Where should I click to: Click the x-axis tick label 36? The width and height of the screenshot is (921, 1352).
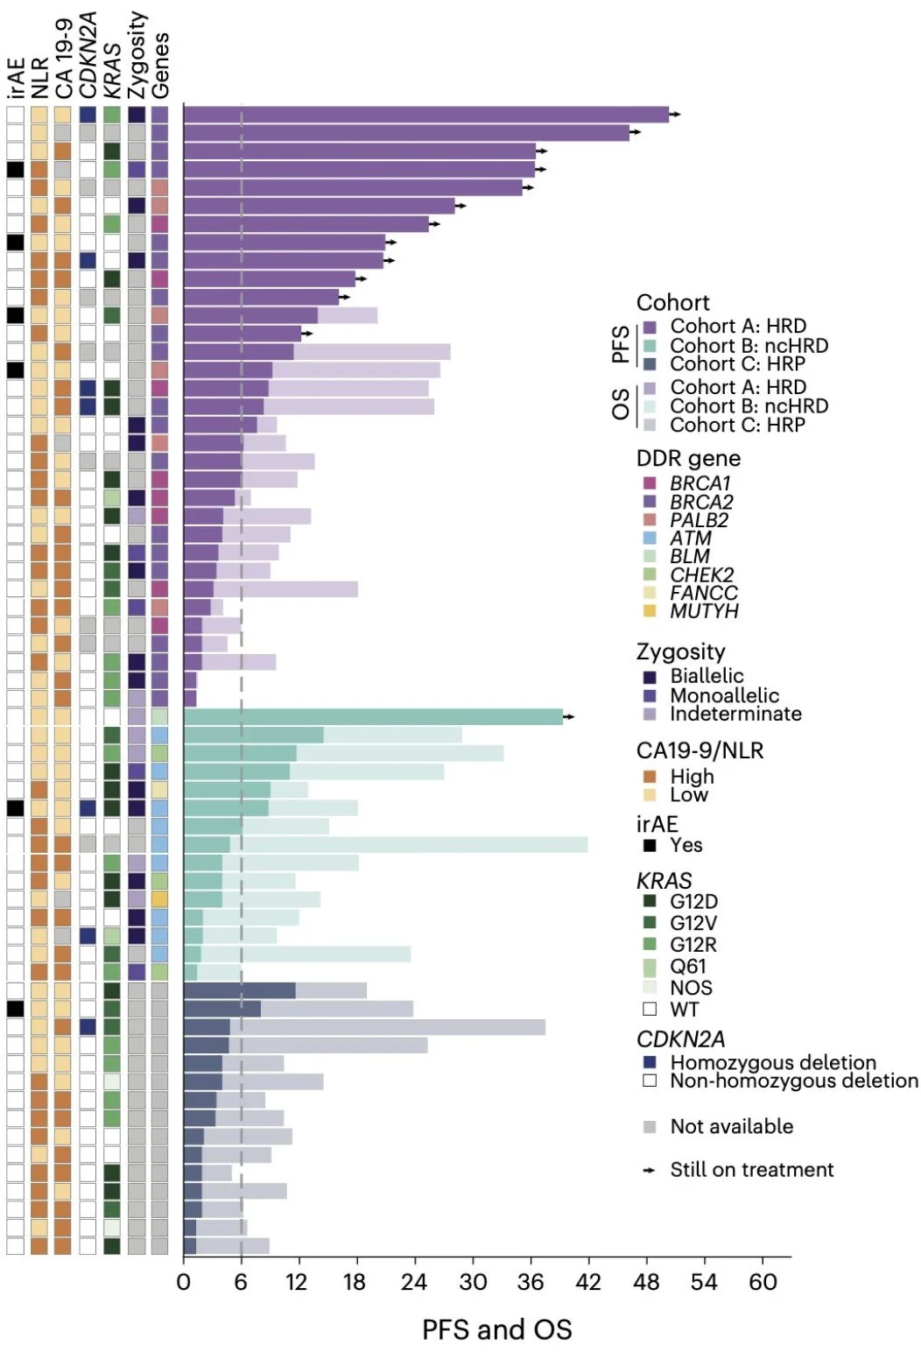(x=531, y=1282)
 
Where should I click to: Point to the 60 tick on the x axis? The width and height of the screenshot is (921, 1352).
(x=763, y=1282)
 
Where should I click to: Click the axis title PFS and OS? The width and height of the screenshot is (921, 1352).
(x=496, y=1329)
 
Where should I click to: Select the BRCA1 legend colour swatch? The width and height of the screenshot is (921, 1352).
(x=650, y=483)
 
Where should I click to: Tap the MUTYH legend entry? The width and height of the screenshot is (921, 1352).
(x=704, y=611)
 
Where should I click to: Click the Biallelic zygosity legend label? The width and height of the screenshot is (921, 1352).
(x=707, y=676)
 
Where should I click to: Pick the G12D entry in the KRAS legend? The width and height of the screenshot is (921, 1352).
(x=693, y=901)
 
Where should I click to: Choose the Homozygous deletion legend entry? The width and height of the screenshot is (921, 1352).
(x=772, y=1062)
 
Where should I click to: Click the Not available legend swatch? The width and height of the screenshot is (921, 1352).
(x=650, y=1127)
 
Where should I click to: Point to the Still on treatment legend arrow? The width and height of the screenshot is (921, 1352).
(x=650, y=1170)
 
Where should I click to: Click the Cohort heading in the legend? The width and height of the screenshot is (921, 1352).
(x=672, y=303)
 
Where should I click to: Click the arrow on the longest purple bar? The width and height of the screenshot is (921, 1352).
(x=675, y=115)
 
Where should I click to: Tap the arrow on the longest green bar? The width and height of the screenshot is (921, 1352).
(x=569, y=717)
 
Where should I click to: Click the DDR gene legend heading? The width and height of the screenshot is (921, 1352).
(x=688, y=459)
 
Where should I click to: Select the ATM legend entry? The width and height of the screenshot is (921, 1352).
(x=690, y=539)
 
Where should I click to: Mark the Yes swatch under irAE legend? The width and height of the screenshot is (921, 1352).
(x=650, y=845)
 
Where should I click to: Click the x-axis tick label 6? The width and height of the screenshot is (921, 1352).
(x=241, y=1282)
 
